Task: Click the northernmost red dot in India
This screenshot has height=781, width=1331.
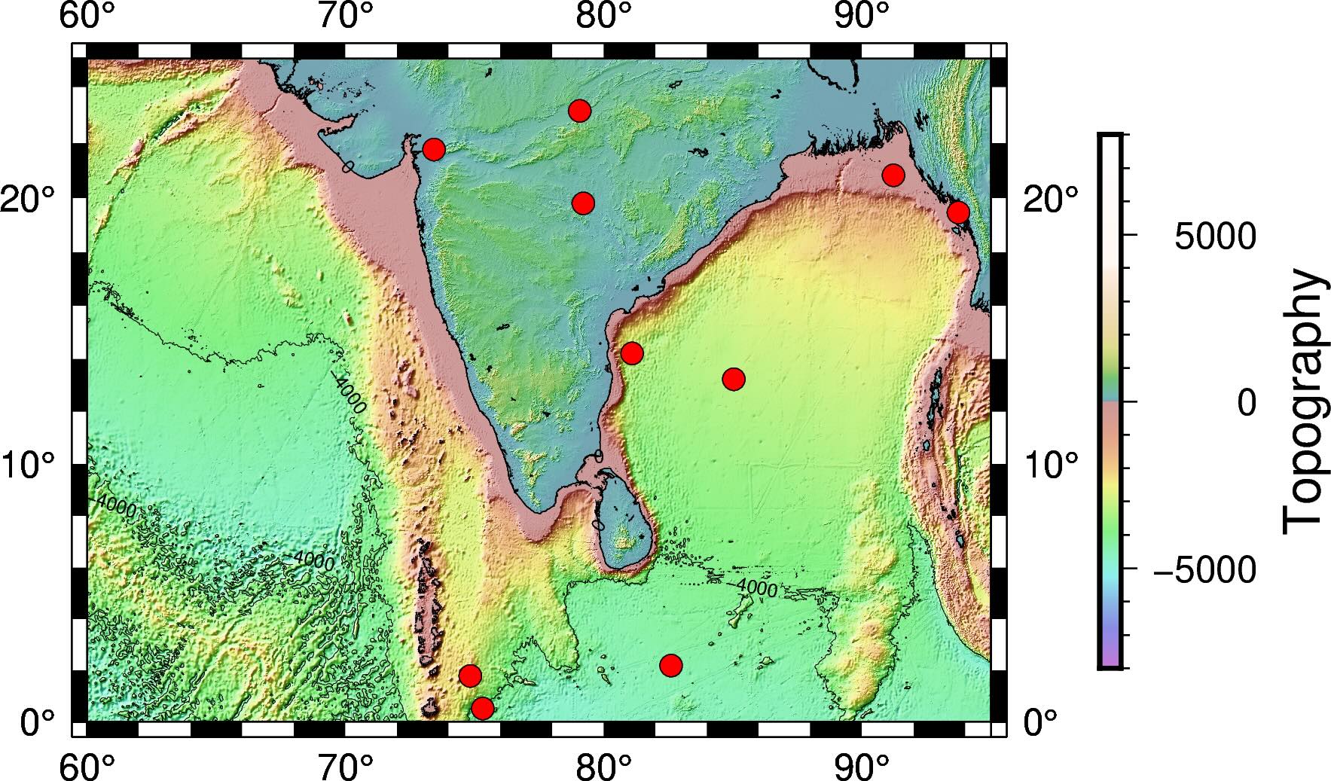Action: (579, 111)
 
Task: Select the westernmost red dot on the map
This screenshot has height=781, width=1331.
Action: (433, 149)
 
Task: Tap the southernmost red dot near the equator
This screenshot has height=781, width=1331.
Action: (483, 708)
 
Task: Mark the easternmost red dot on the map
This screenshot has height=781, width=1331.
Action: (957, 212)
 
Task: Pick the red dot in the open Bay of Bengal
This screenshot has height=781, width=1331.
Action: (733, 379)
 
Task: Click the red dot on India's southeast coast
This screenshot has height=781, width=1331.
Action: (632, 352)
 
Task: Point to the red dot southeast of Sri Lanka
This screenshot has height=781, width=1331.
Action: (670, 665)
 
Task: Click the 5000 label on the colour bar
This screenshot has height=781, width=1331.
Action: (1215, 237)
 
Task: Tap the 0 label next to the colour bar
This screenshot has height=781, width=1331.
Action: (1247, 403)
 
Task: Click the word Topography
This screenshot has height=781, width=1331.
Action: (1304, 402)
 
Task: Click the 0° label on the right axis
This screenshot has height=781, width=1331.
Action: (1041, 723)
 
